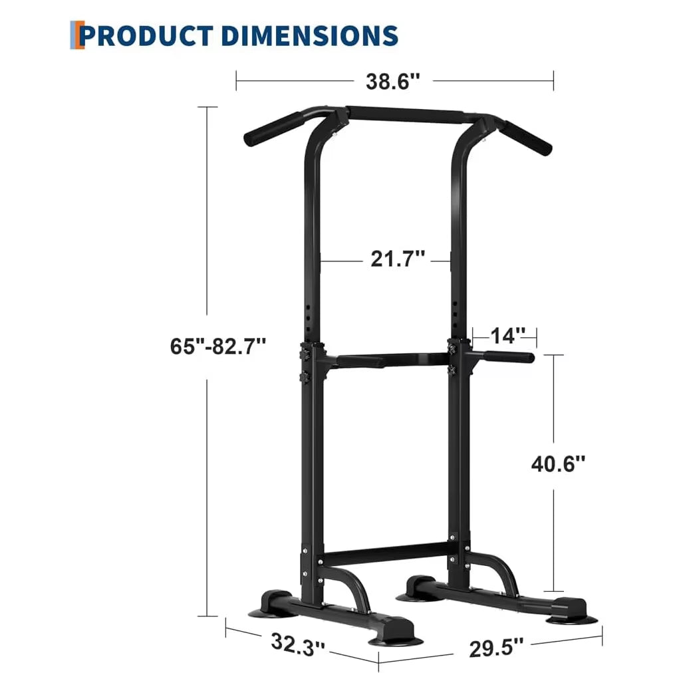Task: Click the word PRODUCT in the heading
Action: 146,35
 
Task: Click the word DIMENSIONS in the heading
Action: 307,35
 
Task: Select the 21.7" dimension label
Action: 398,259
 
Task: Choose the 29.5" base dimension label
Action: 496,648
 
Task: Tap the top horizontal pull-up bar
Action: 406,115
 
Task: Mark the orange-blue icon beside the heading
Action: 77,35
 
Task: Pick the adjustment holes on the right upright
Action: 455,313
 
